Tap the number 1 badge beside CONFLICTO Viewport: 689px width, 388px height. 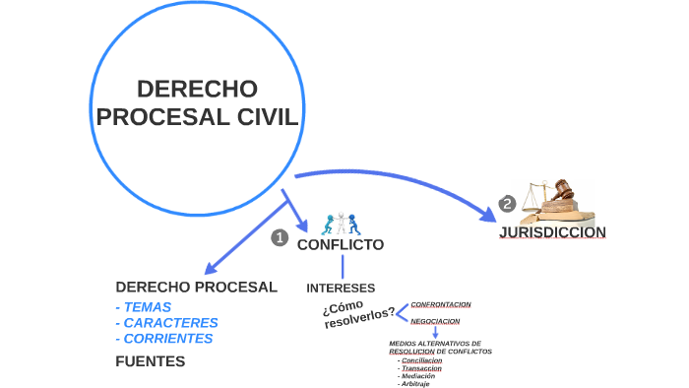[279, 238]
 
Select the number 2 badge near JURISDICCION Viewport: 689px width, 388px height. [507, 205]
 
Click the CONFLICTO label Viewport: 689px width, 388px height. [341, 244]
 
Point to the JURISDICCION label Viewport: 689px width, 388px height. [552, 232]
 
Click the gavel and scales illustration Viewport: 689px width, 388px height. [557, 200]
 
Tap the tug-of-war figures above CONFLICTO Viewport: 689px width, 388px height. [341, 222]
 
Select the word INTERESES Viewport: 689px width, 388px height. [341, 289]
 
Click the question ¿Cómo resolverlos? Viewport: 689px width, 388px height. [358, 313]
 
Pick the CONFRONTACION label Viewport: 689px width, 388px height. [441, 304]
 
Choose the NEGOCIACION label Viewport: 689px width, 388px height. [435, 321]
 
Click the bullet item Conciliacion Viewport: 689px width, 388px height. [422, 360]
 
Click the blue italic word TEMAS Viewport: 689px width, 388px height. [146, 306]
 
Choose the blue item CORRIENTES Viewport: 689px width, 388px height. [166, 338]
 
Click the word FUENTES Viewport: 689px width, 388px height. [151, 361]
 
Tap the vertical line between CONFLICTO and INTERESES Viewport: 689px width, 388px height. [343, 266]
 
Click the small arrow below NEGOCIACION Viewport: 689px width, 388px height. [435, 333]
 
